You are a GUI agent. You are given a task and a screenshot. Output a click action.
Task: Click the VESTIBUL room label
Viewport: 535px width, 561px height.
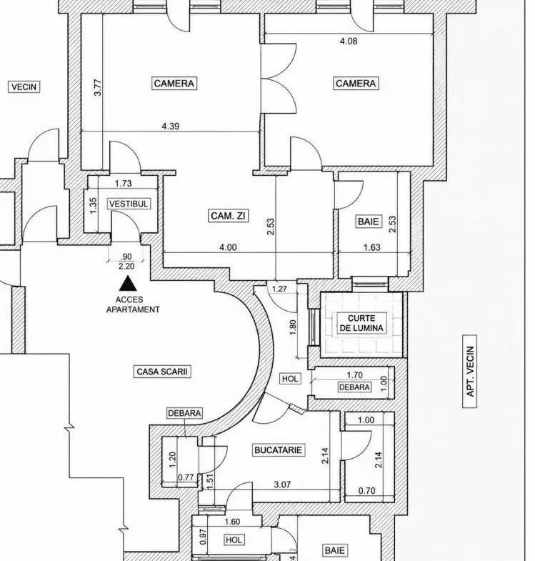(129, 204)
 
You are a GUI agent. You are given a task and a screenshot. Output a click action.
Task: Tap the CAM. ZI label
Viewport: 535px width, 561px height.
(228, 216)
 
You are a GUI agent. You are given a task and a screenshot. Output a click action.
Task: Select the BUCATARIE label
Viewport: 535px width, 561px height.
(279, 450)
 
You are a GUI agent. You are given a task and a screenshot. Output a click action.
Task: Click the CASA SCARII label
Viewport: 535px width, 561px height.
(162, 372)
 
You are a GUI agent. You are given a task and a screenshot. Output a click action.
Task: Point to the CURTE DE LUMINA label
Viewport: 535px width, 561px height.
(361, 323)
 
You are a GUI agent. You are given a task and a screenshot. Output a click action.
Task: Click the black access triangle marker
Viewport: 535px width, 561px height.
(128, 283)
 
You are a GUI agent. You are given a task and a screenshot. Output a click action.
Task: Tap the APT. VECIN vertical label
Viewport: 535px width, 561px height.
(470, 372)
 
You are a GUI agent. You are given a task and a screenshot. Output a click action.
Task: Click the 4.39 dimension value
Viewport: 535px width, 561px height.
(171, 126)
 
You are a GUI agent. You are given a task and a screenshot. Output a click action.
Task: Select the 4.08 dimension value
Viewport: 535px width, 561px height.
(349, 41)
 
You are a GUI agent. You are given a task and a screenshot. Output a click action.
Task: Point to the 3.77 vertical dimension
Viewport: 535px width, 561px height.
(98, 87)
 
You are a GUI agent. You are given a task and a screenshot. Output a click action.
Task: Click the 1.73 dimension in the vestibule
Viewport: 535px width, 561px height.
(123, 184)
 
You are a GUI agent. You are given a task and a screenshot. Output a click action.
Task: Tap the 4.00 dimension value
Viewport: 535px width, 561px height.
(228, 247)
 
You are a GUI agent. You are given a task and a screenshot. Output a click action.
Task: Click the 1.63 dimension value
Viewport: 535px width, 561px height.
(372, 247)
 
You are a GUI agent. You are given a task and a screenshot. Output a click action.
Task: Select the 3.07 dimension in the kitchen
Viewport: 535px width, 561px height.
(282, 485)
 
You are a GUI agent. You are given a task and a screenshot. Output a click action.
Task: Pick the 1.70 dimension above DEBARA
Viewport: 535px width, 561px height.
(355, 375)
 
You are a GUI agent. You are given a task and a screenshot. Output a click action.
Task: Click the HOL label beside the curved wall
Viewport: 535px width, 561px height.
(290, 379)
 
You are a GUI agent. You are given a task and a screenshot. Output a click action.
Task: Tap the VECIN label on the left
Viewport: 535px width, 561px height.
(24, 87)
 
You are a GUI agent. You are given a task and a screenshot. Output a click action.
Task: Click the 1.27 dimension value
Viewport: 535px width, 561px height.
(279, 289)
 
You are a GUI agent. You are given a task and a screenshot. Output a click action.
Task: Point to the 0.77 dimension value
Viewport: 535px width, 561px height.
(186, 477)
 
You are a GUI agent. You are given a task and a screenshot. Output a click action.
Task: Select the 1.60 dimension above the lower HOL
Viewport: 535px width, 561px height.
(232, 522)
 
